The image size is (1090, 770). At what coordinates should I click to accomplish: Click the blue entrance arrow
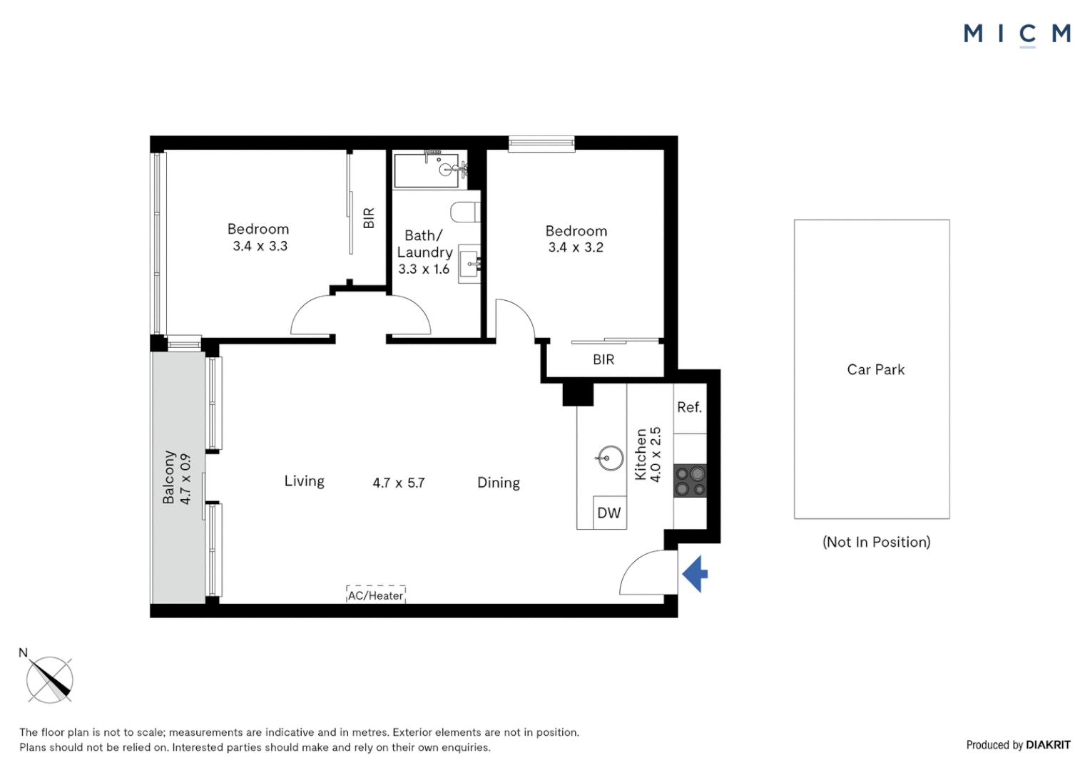pyautogui.click(x=696, y=573)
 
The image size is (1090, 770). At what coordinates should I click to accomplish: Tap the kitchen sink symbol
pyautogui.click(x=610, y=458)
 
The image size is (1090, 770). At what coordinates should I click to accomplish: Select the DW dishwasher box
pyautogui.click(x=609, y=513)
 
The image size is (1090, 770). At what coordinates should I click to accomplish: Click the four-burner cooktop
pyautogui.click(x=690, y=481)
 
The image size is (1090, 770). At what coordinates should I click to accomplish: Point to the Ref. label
pyautogui.click(x=689, y=407)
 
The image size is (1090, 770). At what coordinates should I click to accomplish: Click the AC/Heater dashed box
pyautogui.click(x=376, y=595)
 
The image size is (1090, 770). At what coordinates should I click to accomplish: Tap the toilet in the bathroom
pyautogui.click(x=466, y=212)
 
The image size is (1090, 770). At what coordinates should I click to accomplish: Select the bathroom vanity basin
pyautogui.click(x=469, y=263)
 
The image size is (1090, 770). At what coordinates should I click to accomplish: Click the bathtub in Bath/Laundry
pyautogui.click(x=428, y=170)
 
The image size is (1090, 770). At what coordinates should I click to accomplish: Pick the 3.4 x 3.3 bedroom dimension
pyautogui.click(x=260, y=246)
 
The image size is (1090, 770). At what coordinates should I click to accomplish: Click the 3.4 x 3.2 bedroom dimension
pyautogui.click(x=576, y=247)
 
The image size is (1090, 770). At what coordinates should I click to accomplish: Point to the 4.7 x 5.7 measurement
pyautogui.click(x=399, y=483)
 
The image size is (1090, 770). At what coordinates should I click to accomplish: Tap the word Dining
pyautogui.click(x=499, y=483)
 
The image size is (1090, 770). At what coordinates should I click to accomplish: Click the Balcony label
pyautogui.click(x=169, y=477)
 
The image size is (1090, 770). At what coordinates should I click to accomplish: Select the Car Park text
pyautogui.click(x=875, y=369)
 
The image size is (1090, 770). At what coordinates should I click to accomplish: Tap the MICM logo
pyautogui.click(x=1017, y=34)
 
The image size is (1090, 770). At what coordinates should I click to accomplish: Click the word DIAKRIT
pyautogui.click(x=1048, y=745)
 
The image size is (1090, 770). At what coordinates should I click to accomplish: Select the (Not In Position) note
pyautogui.click(x=876, y=542)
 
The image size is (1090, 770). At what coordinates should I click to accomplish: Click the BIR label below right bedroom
pyautogui.click(x=603, y=359)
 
